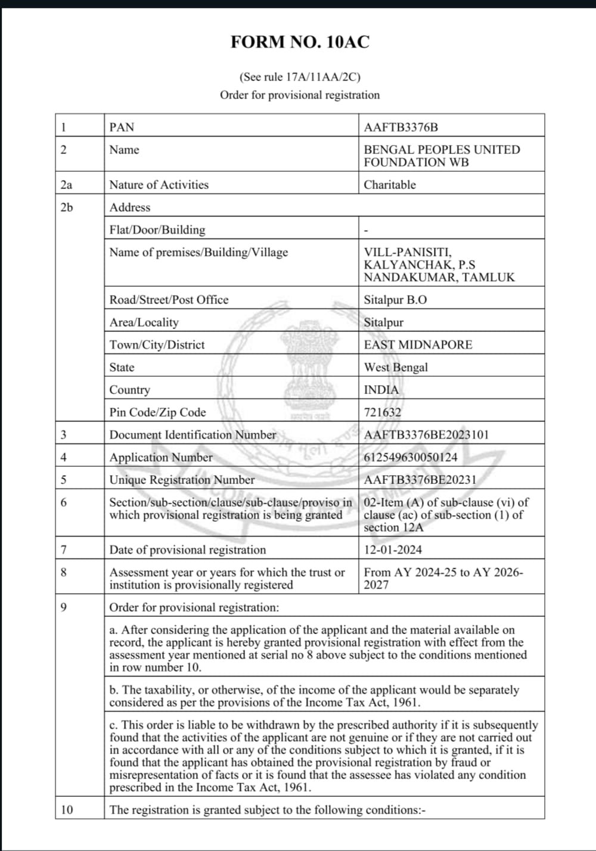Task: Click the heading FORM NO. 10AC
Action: pos(300,42)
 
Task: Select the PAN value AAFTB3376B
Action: pos(401,127)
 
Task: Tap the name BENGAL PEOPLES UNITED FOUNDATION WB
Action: pos(442,156)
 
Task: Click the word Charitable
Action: pos(390,185)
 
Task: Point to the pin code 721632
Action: pos(383,412)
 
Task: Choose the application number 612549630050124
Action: pos(411,458)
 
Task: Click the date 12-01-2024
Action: pos(393,549)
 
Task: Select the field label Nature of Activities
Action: pos(159,185)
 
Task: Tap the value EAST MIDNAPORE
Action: pos(418,344)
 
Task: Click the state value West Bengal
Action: pos(396,367)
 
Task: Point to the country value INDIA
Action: pos(381,390)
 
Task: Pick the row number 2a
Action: pos(66,185)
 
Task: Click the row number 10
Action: pos(67,810)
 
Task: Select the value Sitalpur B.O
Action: pos(395,300)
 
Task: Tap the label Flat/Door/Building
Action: pos(157,230)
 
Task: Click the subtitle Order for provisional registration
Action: pos(300,95)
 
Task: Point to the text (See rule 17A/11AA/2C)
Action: pos(300,77)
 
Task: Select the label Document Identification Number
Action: pos(193,435)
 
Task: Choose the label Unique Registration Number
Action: pos(182,480)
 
